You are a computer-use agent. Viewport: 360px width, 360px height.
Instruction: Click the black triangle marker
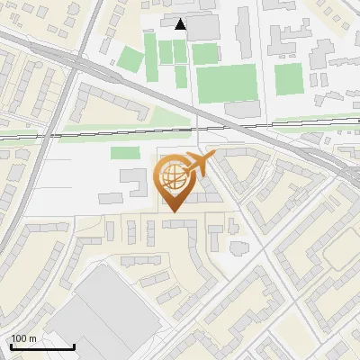coord(182,24)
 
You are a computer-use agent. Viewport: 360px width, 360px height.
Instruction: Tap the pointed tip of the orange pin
coord(173,212)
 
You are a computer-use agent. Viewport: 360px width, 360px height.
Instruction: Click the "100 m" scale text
coord(23,338)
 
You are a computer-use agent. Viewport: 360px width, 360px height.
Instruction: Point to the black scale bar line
coord(41,346)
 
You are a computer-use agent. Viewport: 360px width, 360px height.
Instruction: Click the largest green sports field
coord(226,83)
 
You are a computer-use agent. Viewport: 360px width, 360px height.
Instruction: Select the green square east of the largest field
coord(288,78)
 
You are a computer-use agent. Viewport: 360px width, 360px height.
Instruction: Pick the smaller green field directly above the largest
coord(205,54)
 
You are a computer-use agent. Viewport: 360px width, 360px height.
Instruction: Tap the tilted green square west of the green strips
coord(131,60)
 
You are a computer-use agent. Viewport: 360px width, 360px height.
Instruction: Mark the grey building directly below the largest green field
coord(241,108)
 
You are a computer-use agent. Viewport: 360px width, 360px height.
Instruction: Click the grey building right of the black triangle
coord(203,27)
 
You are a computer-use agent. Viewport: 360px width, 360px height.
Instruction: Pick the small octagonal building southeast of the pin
coord(237,247)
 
